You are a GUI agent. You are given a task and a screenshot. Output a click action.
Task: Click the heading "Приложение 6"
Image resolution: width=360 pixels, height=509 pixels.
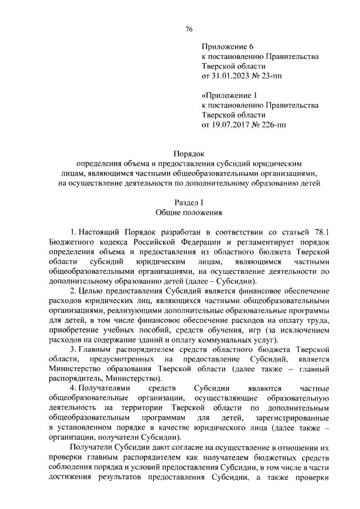pyautogui.click(x=224, y=47)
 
